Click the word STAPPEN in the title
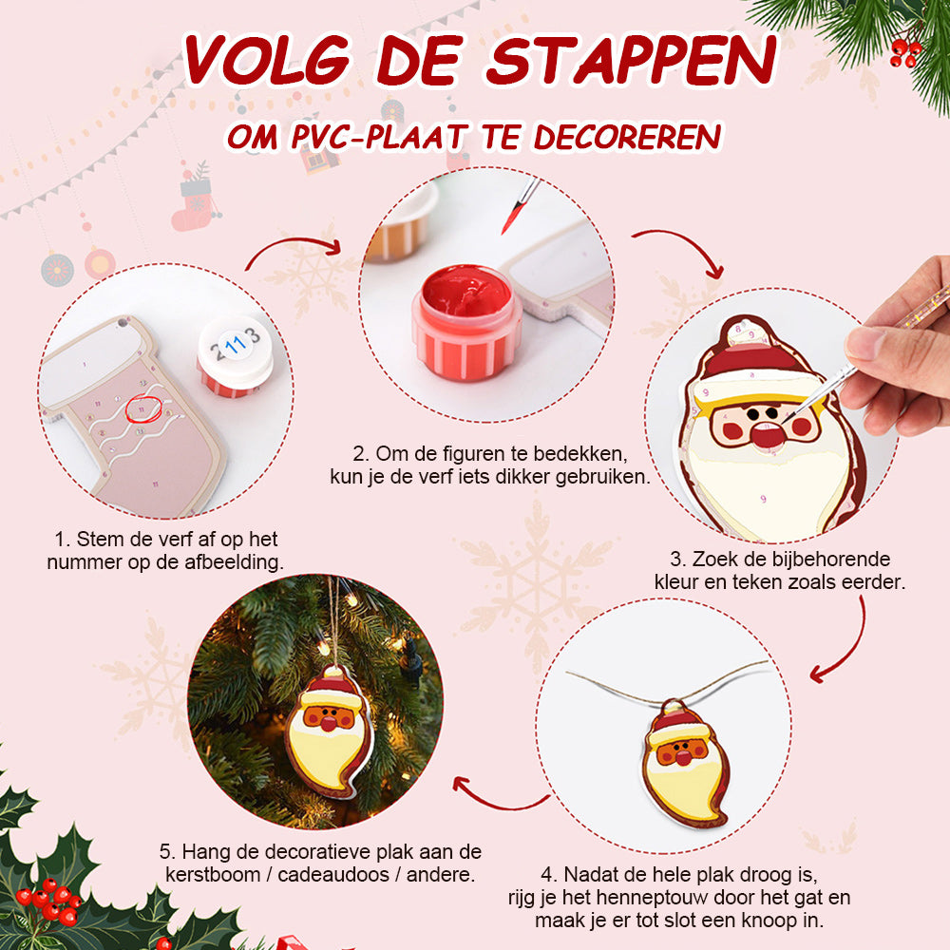coord(631,60)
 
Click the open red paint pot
coord(465,322)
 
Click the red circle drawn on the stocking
coord(143,408)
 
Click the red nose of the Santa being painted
coord(767,434)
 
